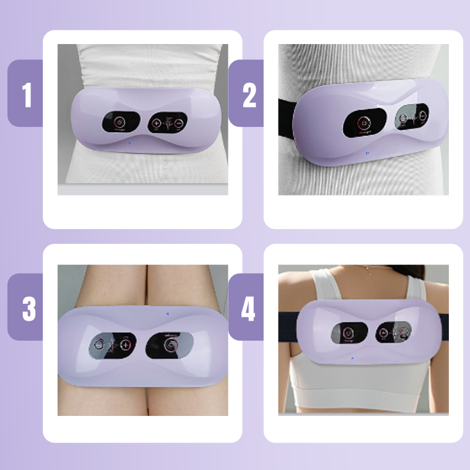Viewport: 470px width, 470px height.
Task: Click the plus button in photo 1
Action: click(x=156, y=123)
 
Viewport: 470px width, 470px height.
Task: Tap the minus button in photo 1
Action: click(x=179, y=123)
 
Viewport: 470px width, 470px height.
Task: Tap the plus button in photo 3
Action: click(x=125, y=344)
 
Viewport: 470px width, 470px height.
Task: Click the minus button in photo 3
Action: click(x=99, y=344)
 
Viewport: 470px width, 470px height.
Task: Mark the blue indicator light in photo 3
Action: click(x=167, y=313)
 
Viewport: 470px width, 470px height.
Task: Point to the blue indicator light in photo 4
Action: click(x=352, y=357)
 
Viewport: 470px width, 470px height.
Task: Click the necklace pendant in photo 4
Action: click(x=367, y=271)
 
